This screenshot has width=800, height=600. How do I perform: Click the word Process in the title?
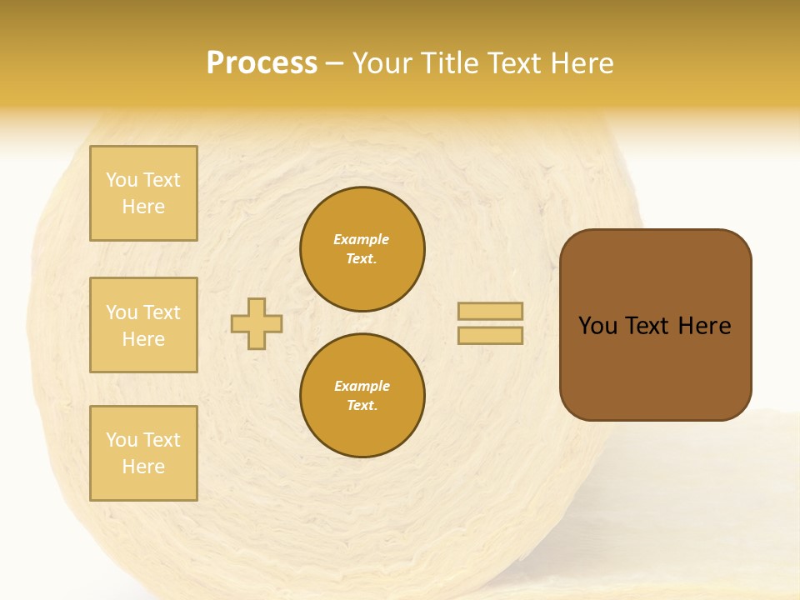click(262, 63)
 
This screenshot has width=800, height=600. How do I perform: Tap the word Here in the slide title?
click(578, 63)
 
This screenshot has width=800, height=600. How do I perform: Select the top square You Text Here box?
click(143, 193)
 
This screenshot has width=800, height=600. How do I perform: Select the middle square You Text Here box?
click(143, 325)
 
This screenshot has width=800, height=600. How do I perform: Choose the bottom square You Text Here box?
click(143, 453)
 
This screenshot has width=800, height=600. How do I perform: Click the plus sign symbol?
click(257, 323)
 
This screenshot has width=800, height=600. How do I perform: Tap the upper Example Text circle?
click(362, 249)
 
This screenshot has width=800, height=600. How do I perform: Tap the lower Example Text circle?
click(362, 396)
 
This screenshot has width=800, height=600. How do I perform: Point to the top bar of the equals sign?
click(490, 312)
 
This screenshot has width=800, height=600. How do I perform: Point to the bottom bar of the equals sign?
click(490, 335)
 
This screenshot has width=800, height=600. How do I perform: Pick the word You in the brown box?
click(597, 326)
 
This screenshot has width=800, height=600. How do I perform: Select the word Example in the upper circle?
click(362, 240)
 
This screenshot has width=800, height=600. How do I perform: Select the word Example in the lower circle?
click(362, 387)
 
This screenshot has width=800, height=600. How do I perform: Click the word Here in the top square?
click(143, 207)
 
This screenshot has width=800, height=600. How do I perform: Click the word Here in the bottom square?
click(143, 467)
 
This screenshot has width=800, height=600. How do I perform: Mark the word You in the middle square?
click(122, 312)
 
